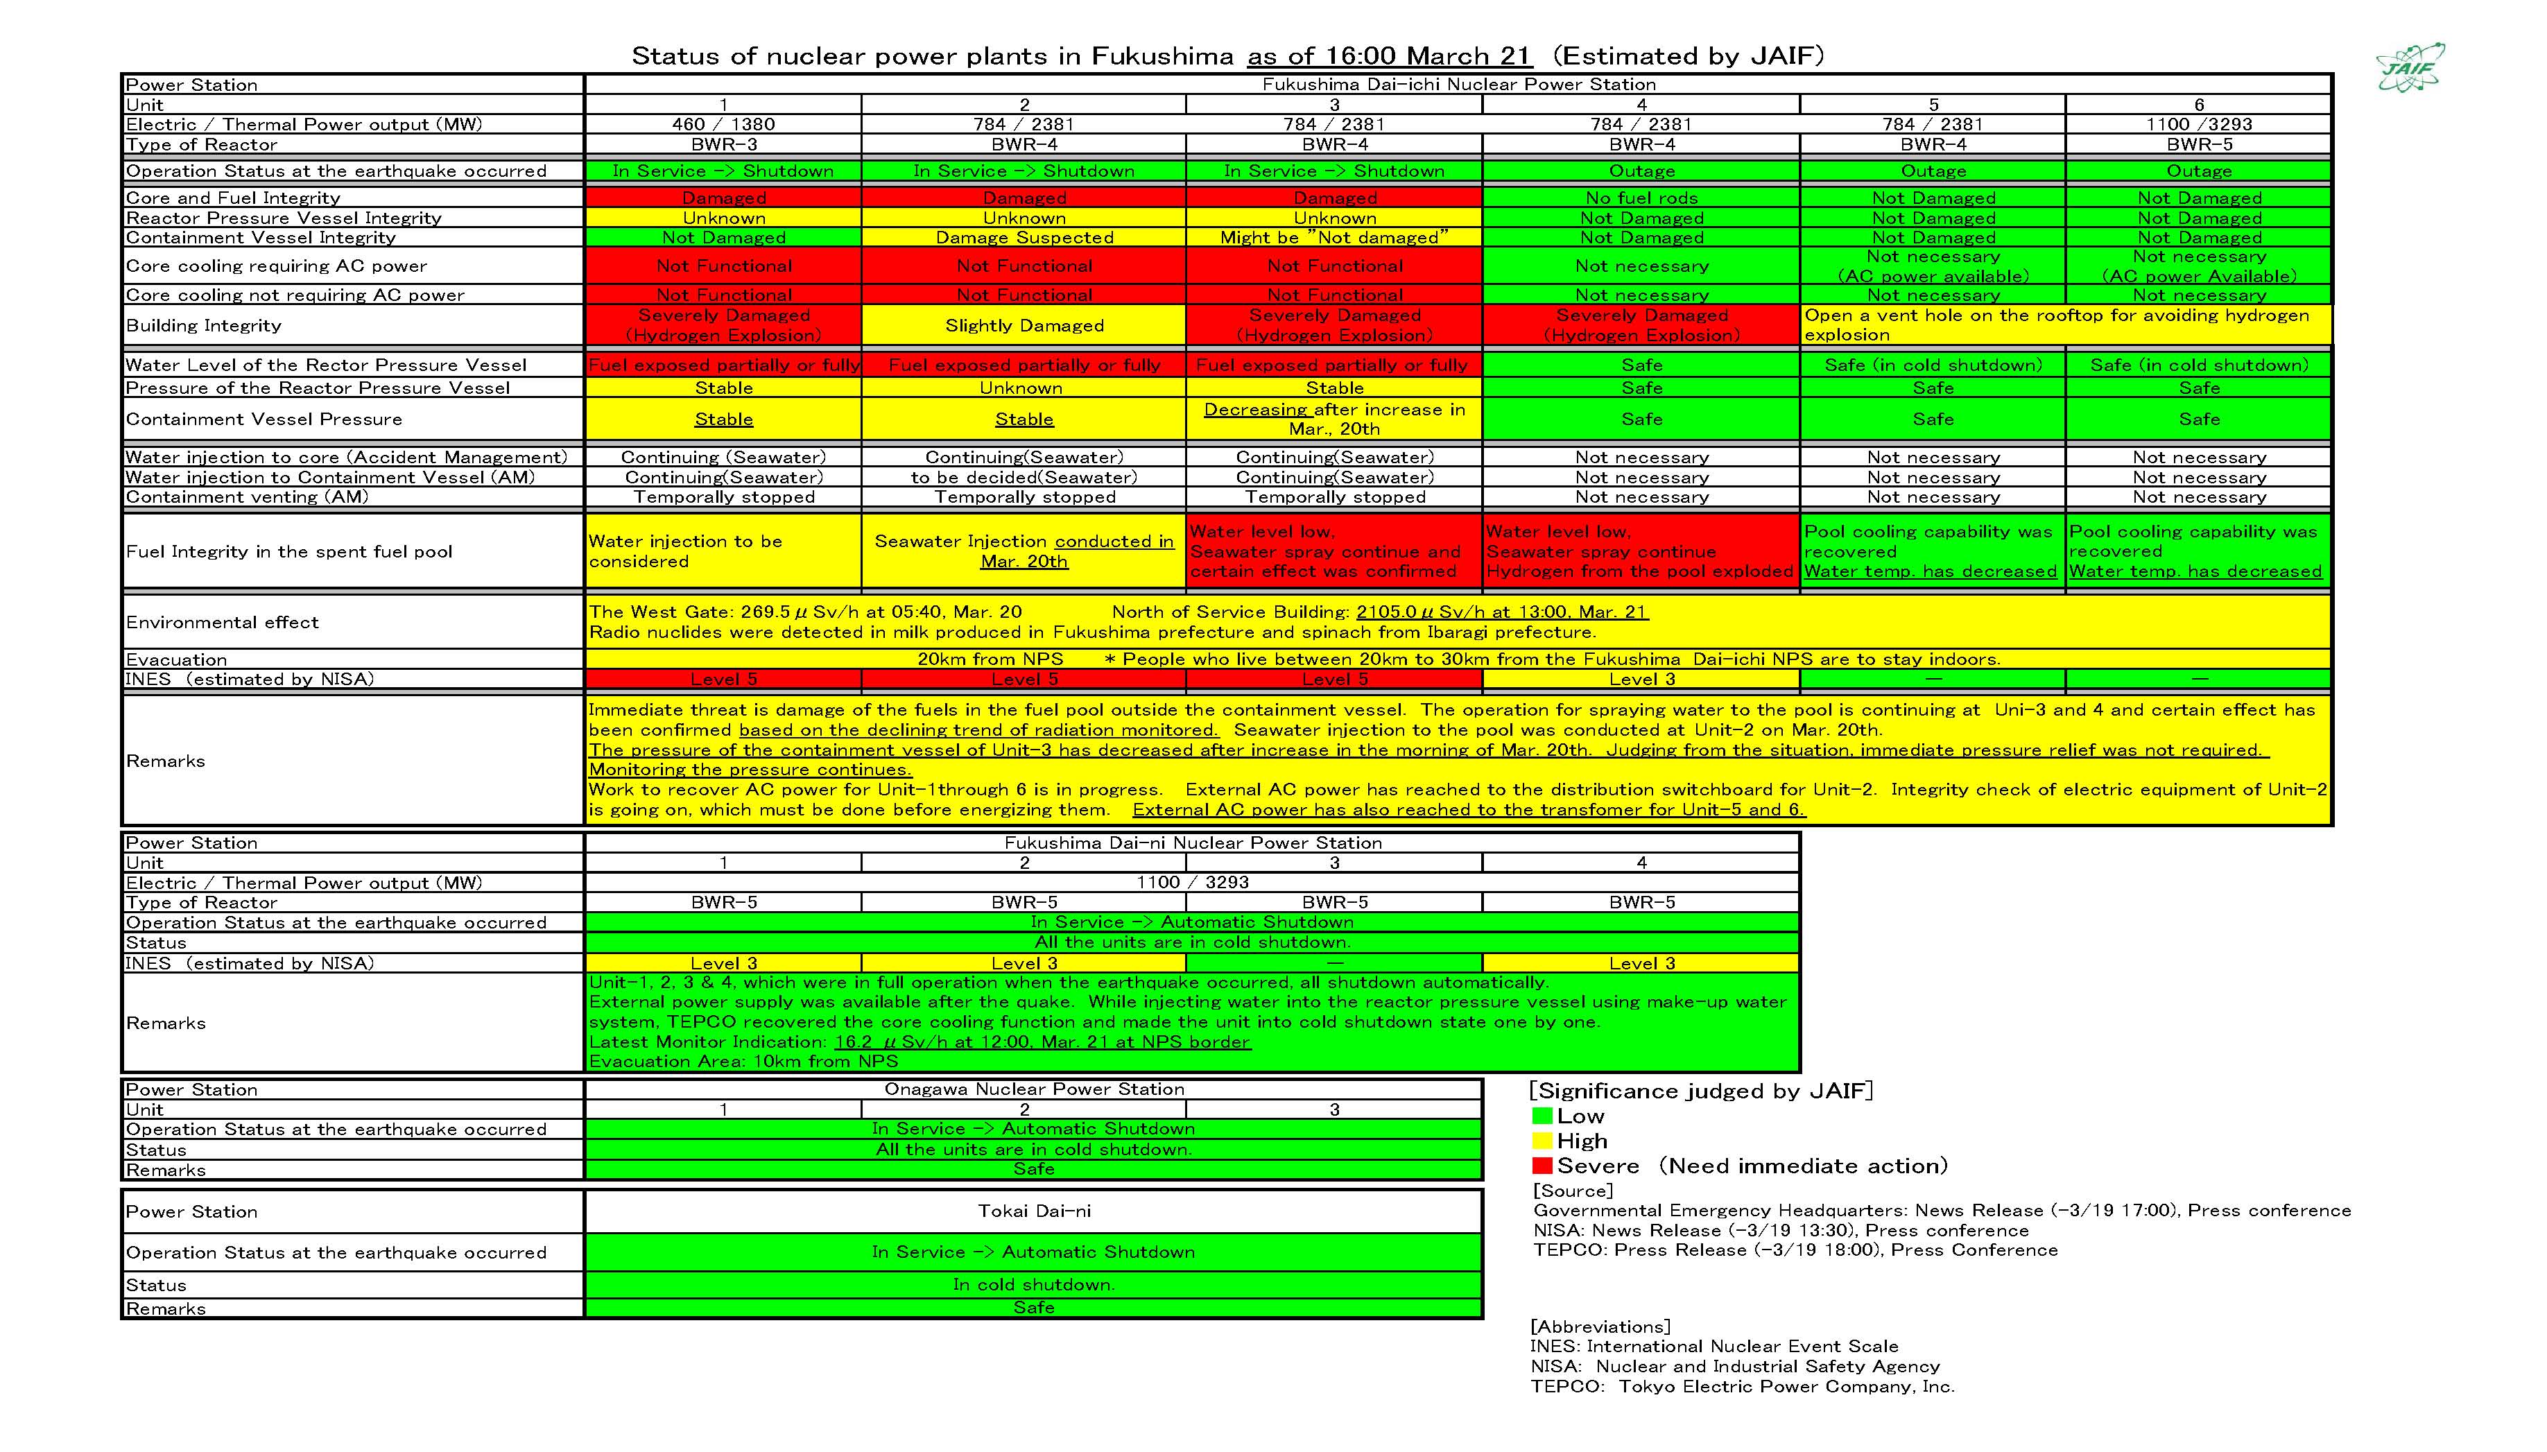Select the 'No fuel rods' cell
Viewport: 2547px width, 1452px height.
[1641, 198]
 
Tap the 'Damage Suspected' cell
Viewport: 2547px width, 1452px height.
[1024, 237]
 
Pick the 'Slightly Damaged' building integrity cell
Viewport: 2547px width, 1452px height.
[1024, 325]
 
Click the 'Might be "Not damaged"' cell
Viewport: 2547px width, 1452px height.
[1334, 237]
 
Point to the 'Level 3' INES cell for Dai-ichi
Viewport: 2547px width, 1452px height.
[1641, 679]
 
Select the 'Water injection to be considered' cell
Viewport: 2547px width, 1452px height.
[723, 551]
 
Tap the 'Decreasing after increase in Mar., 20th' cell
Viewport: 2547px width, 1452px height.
[1334, 419]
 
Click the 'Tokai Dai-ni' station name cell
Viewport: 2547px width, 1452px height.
[1033, 1211]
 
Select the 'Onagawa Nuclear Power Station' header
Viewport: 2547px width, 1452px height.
[1033, 1089]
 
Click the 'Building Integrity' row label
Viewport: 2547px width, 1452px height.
[205, 325]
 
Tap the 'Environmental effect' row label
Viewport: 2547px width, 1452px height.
[223, 622]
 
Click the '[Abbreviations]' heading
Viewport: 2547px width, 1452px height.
[1600, 1326]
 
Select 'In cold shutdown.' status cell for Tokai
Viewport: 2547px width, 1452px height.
[1033, 1284]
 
